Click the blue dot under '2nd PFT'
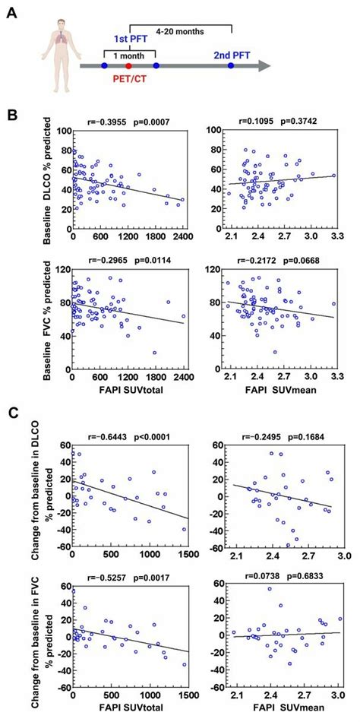pos(231,67)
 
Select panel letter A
pos(10,10)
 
